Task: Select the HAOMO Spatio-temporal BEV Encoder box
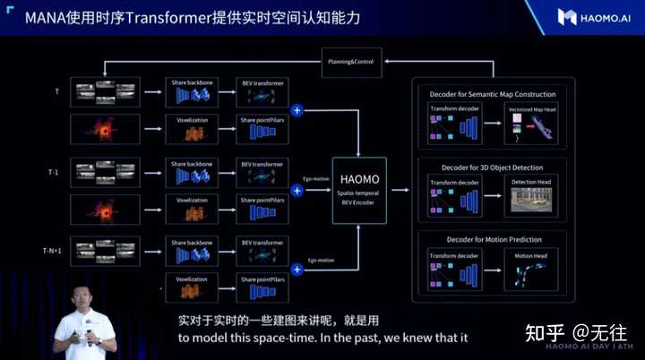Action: click(x=358, y=189)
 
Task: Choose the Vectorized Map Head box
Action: click(x=532, y=123)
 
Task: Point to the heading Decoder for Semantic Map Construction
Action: click(x=491, y=93)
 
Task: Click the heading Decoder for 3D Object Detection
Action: click(x=491, y=166)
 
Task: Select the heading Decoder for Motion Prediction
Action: click(x=491, y=239)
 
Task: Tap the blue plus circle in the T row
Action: click(x=297, y=110)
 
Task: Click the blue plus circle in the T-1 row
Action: click(x=297, y=191)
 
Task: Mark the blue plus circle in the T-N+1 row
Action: click(x=297, y=268)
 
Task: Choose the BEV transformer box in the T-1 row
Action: click(x=263, y=172)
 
